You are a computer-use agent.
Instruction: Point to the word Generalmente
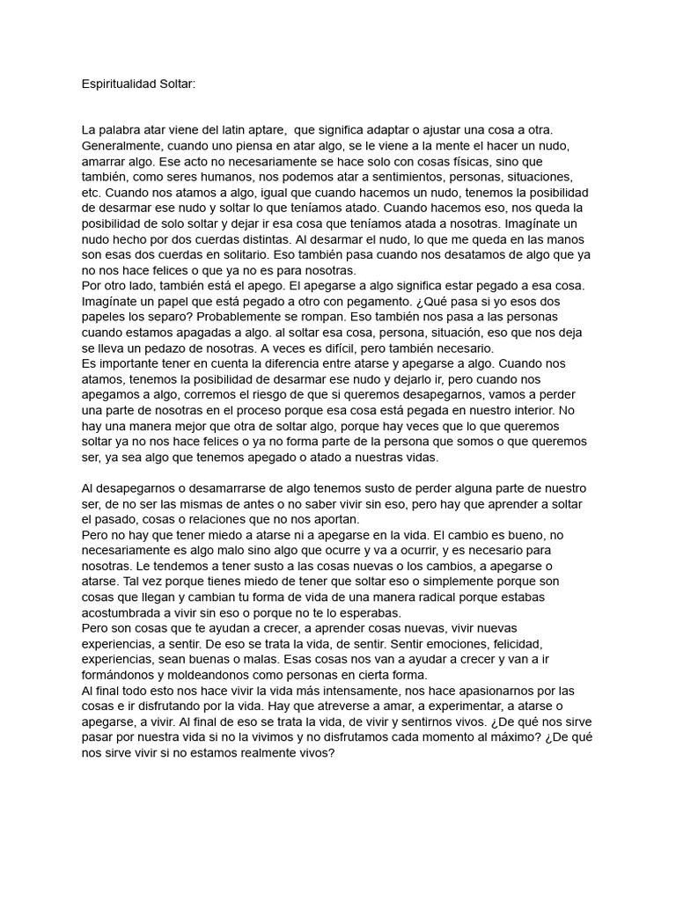pyautogui.click(x=121, y=146)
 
